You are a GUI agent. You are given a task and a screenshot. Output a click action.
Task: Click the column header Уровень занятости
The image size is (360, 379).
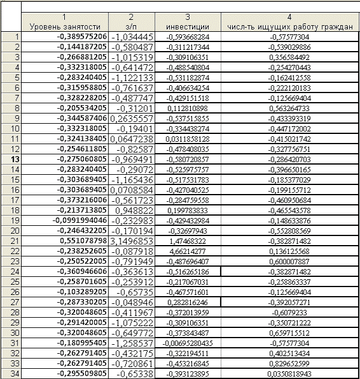coord(65,26)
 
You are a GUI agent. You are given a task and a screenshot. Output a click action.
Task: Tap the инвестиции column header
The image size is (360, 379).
coord(188,26)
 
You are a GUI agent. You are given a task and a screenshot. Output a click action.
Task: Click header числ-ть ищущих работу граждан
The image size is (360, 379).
coord(290,26)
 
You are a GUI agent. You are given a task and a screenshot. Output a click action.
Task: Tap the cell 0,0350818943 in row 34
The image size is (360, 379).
coord(290,374)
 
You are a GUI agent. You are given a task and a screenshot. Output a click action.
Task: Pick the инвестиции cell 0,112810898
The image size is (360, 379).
coord(188,108)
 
